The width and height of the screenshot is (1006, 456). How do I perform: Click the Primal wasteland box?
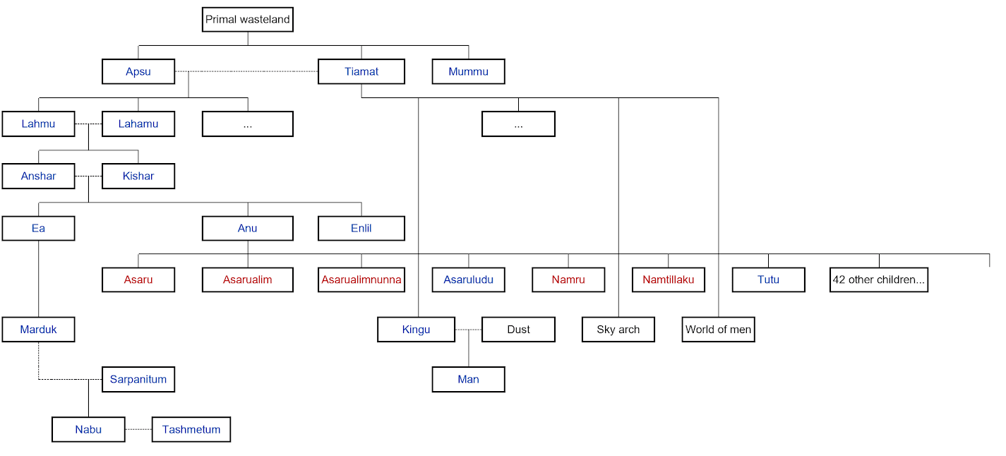(248, 19)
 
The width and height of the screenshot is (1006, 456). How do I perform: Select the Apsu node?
(138, 71)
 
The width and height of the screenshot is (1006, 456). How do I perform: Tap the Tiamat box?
(361, 71)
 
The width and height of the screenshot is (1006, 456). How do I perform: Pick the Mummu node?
(469, 71)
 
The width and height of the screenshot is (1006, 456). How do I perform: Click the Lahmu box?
(38, 124)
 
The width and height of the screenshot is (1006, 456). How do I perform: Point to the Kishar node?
(138, 176)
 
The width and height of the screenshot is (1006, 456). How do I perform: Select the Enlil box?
(361, 228)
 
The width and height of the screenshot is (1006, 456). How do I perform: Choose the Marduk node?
(38, 330)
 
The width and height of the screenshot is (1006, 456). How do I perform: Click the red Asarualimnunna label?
(361, 280)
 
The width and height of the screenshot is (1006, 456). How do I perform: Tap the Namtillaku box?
(669, 280)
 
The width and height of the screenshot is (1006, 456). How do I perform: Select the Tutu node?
(768, 280)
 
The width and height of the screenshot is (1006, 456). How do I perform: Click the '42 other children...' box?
(879, 280)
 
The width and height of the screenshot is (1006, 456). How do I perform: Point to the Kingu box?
(416, 330)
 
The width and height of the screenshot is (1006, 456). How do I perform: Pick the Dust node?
(518, 330)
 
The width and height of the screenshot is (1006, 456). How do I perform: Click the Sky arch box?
(618, 330)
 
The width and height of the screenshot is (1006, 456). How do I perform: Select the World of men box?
(718, 330)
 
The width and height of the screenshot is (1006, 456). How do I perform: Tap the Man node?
(469, 379)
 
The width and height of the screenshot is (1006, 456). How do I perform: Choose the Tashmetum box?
(191, 429)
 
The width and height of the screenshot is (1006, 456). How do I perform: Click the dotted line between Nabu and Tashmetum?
(138, 429)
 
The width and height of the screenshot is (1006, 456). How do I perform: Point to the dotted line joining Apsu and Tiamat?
(246, 71)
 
